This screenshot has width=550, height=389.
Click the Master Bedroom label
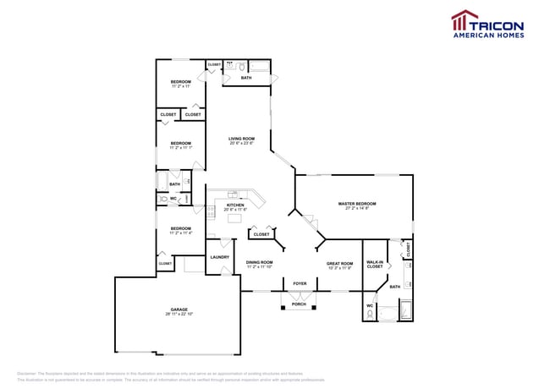[356, 204]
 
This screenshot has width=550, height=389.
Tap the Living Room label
[241, 139]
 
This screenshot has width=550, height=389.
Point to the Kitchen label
[234, 205]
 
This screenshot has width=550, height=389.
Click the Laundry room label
[219, 257]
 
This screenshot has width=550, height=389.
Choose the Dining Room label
[260, 262]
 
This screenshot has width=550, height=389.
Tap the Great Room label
[339, 263]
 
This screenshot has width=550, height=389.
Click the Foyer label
[300, 283]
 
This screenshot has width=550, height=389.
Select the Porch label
[299, 304]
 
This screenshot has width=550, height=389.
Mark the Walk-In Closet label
[374, 265]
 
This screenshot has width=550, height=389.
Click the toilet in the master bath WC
[371, 315]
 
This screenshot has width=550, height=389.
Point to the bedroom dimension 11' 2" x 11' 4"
[181, 233]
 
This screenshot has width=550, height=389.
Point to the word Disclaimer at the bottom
[27, 373]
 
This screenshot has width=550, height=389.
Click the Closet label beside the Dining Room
[261, 234]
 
